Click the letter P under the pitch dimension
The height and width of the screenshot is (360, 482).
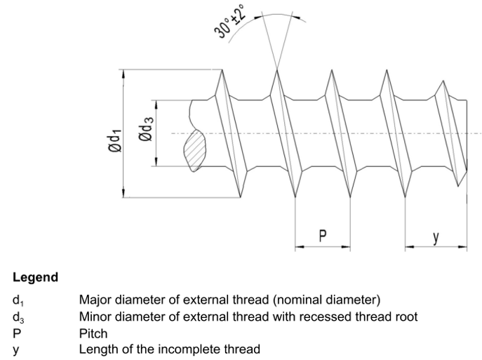pyautogui.click(x=322, y=236)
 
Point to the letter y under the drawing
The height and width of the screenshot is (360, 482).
pyautogui.click(x=436, y=236)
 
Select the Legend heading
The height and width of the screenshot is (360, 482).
pyautogui.click(x=36, y=277)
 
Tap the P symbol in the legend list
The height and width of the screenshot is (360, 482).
pyautogui.click(x=16, y=333)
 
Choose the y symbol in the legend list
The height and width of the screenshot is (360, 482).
pyautogui.click(x=15, y=349)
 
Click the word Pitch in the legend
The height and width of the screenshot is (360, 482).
pyautogui.click(x=93, y=333)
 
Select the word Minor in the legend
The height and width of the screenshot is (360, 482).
pyautogui.click(x=95, y=317)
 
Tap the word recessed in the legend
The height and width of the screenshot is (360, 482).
pyautogui.click(x=324, y=317)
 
